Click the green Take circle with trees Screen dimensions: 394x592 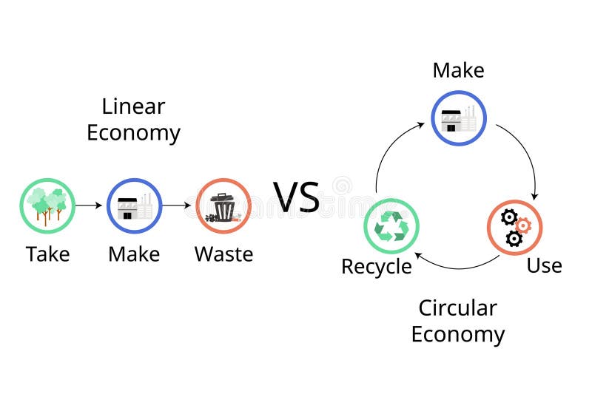[x=47, y=206]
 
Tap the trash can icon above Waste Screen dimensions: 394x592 [x=223, y=206]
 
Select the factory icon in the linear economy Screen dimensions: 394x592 [x=134, y=206]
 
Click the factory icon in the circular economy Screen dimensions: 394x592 [x=459, y=118]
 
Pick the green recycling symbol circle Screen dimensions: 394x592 [x=391, y=226]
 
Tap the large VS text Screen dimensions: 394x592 [x=296, y=197]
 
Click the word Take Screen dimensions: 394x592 [x=47, y=254]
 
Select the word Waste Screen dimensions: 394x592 [x=223, y=254]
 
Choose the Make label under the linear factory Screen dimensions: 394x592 [x=134, y=254]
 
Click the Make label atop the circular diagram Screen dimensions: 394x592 [x=458, y=70]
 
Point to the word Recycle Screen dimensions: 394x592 [x=376, y=267]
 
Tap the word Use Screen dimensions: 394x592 [x=544, y=265]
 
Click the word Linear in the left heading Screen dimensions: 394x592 [x=133, y=106]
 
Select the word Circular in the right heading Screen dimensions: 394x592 [x=457, y=308]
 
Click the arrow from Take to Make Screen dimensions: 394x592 [x=90, y=206]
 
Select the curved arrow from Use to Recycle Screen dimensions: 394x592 [x=455, y=266]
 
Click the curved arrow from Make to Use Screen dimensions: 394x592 [x=525, y=155]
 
